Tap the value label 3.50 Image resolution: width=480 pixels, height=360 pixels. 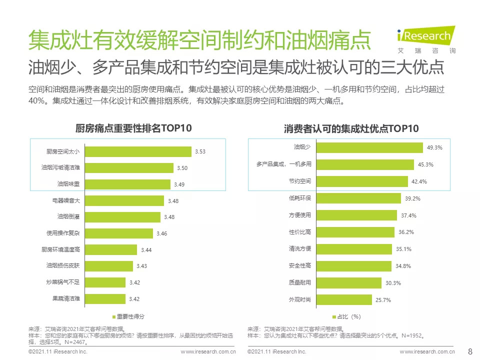coord(182,168)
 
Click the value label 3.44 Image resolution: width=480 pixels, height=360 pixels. coord(146,250)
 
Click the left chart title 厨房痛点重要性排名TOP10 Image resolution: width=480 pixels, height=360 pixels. coord(133,128)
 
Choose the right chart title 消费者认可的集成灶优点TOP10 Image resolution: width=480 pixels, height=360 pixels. coord(351,129)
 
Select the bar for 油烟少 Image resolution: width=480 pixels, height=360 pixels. coord(370,147)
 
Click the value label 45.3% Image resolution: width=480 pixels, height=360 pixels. coord(425,164)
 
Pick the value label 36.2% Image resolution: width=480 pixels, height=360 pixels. coord(406,232)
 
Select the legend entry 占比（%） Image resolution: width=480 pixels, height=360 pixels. coord(346,316)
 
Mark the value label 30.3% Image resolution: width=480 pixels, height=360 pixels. coord(393,283)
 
